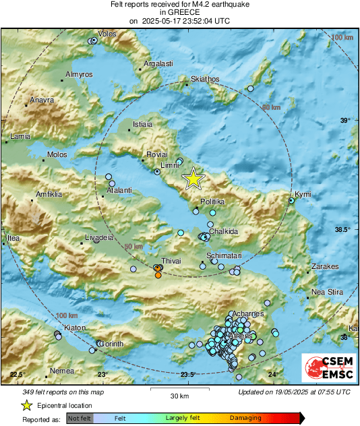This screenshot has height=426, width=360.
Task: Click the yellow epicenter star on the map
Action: click(193, 179)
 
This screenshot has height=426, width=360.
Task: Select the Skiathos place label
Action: click(205, 80)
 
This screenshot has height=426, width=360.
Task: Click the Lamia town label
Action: click(20, 137)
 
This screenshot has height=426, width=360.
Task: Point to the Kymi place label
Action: click(303, 194)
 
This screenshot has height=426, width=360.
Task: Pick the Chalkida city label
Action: click(222, 231)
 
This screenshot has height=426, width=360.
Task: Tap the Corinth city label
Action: click(112, 344)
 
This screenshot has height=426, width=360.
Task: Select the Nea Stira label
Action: click(326, 293)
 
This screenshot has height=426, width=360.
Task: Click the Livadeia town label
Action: click(98, 238)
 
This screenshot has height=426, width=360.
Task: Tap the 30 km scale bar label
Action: click(179, 395)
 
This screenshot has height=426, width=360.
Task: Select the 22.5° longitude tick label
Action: click(18, 375)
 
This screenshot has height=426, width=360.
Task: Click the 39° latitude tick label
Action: click(344, 121)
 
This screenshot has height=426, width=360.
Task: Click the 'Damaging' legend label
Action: click(245, 419)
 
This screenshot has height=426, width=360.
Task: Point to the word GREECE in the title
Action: click(179, 13)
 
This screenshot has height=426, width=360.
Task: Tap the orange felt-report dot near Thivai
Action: click(158, 274)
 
